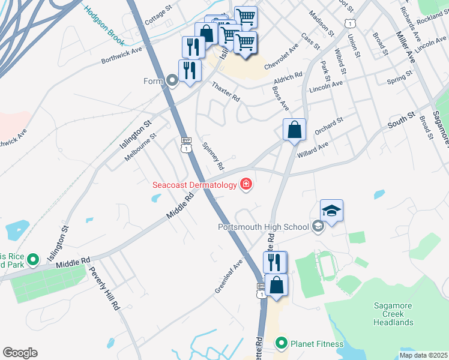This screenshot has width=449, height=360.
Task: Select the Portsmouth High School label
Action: tap(264, 227)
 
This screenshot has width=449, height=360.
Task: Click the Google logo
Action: tap(20, 353)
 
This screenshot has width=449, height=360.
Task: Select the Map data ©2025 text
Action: tap(424, 355)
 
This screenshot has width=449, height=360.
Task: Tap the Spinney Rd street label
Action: tap(213, 155)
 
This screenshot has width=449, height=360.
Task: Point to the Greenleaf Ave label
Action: tap(229, 276)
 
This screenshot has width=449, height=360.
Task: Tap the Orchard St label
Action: tap(328, 124)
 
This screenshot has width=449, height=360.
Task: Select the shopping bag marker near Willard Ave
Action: tap(294, 130)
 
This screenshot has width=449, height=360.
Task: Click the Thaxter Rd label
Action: tap(226, 90)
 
